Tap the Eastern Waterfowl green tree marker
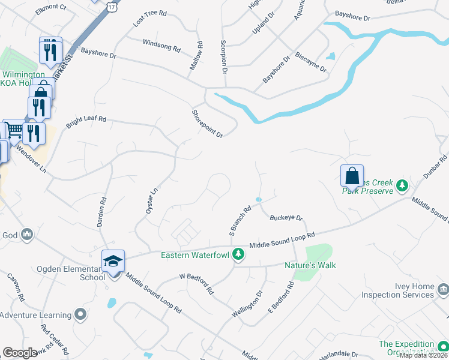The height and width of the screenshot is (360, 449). [x=238, y=254]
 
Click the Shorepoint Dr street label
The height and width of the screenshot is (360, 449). [x=207, y=124]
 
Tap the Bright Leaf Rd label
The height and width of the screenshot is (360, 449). [x=86, y=120]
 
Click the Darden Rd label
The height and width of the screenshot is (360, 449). [x=101, y=212]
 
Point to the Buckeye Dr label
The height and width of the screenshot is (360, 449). [x=286, y=218]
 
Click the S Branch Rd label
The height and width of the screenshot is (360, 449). [x=240, y=220]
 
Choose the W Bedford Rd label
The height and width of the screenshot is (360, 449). [x=197, y=283]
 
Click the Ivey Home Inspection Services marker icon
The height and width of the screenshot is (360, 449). [x=443, y=290]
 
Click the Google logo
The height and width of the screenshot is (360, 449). [x=20, y=353]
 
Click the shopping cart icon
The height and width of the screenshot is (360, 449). [x=14, y=130]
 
